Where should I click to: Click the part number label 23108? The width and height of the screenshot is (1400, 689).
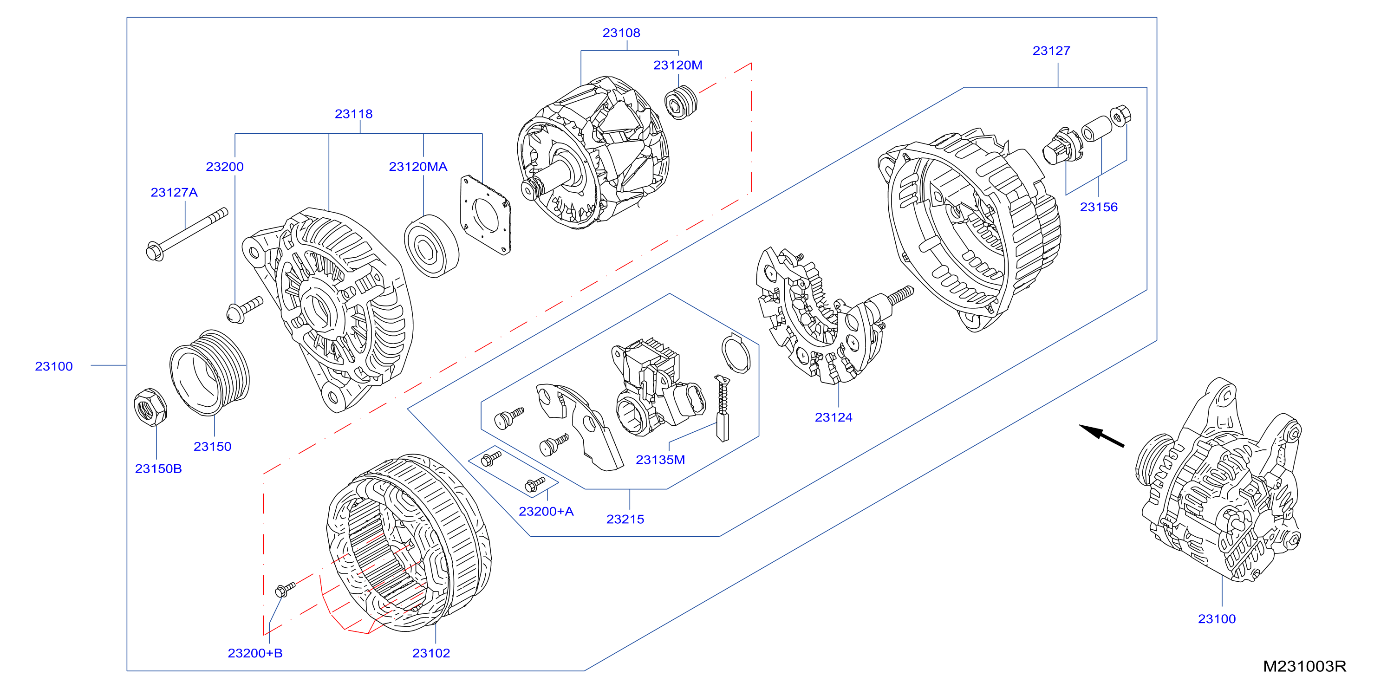click(x=621, y=32)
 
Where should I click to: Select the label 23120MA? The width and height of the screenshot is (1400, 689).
click(x=418, y=167)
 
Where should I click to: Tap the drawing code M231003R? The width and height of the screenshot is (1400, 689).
click(x=1304, y=666)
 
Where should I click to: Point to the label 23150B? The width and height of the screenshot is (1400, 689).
click(x=158, y=469)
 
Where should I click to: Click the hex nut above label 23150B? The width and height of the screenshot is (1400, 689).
click(x=150, y=407)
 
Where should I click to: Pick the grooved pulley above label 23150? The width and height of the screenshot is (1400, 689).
click(x=209, y=373)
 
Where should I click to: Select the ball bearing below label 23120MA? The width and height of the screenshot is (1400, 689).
click(x=431, y=246)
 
